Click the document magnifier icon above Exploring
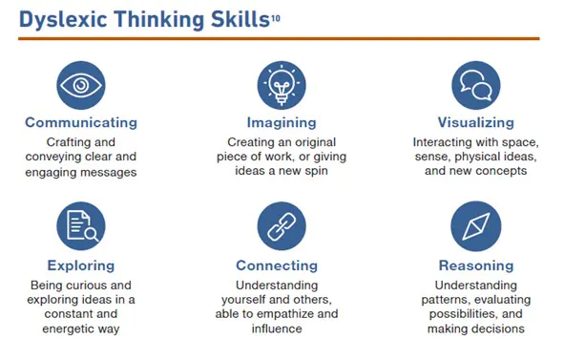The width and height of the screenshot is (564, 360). (81, 226)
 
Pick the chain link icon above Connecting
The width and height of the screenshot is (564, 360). (282, 226)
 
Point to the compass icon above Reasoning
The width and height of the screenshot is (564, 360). (475, 226)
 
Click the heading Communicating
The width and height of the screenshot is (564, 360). (81, 122)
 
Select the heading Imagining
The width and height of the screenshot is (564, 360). (282, 122)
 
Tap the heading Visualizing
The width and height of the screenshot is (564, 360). (475, 122)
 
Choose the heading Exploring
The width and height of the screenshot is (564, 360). (81, 265)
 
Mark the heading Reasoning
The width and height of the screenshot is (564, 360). (475, 265)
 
